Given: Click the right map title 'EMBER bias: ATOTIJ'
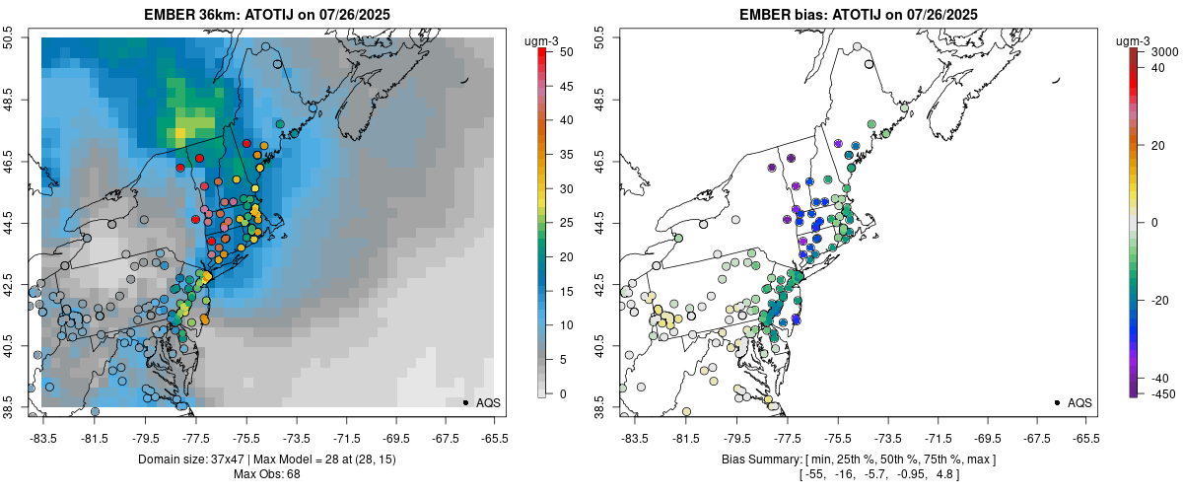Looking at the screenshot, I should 808,14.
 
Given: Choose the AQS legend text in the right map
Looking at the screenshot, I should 1079,402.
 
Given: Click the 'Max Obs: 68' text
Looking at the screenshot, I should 266,474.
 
